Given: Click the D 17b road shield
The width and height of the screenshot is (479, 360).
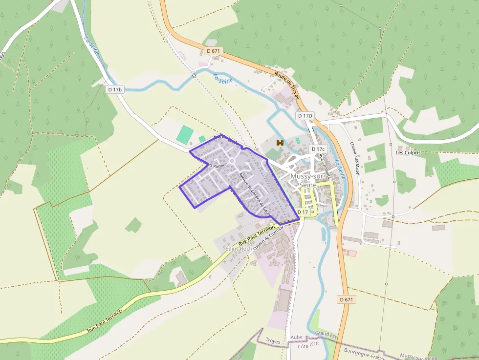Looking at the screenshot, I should point(115,90).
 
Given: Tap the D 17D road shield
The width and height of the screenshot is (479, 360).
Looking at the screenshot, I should point(305,116).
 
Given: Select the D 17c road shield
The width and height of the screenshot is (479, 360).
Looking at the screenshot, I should point(318,149).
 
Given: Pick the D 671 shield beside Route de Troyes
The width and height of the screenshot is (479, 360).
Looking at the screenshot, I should point(213,51).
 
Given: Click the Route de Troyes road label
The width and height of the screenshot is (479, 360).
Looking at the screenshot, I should point(286,85).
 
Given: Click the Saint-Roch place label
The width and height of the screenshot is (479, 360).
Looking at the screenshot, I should point(239,249).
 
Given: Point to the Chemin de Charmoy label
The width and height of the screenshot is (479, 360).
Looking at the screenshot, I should point(267,237).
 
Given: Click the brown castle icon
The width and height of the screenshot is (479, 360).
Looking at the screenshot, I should point(280,143).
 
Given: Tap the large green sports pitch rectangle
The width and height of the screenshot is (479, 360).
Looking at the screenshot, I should point(185,134).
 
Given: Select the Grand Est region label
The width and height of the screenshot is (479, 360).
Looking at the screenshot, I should point(327,333).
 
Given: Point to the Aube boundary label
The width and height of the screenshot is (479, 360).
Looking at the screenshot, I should point(296,337).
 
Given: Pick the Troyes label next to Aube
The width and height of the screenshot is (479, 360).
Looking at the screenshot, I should point(273,341).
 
